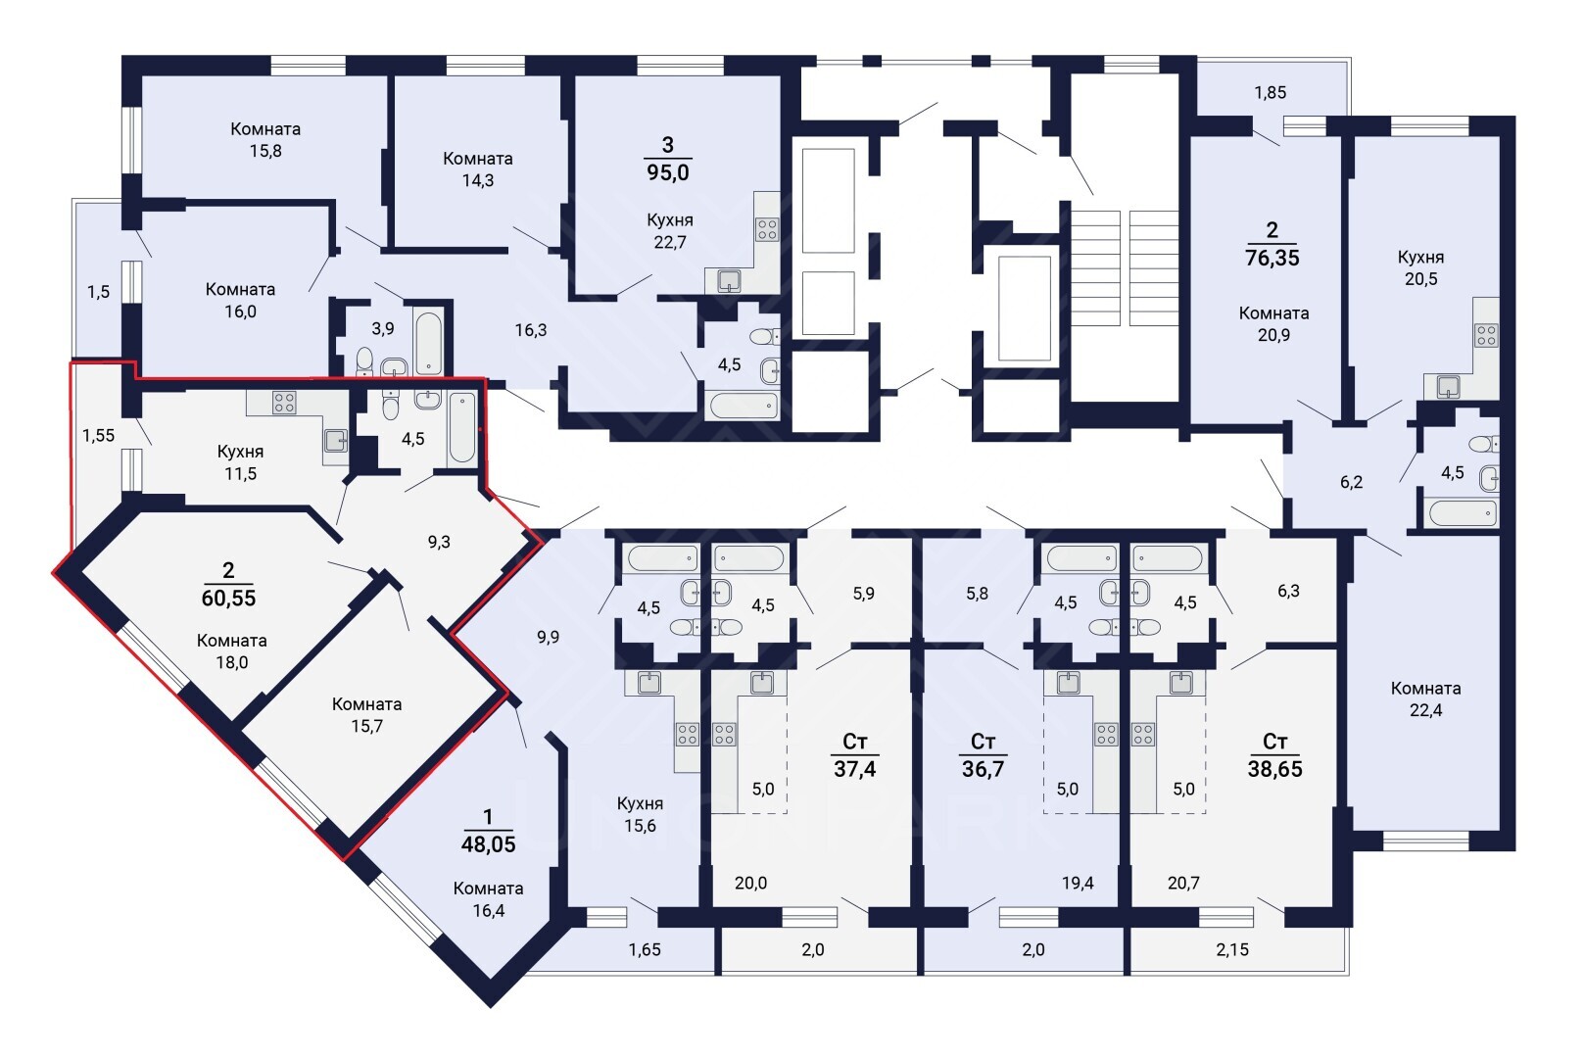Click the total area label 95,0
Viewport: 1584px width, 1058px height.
pyautogui.click(x=667, y=171)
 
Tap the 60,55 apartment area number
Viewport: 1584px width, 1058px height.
pyautogui.click(x=228, y=598)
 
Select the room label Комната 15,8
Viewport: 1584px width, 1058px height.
pyautogui.click(x=265, y=139)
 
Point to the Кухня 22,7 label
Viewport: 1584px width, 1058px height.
pyautogui.click(x=670, y=230)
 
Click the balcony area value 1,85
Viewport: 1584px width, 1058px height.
pyautogui.click(x=1270, y=93)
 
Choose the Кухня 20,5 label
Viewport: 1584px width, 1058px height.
pyautogui.click(x=1420, y=267)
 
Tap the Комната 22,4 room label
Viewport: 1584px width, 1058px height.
pyautogui.click(x=1425, y=698)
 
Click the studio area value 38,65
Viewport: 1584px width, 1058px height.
pyautogui.click(x=1274, y=769)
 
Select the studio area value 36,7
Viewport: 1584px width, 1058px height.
pyautogui.click(x=983, y=769)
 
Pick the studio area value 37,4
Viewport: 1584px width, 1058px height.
pyautogui.click(x=854, y=769)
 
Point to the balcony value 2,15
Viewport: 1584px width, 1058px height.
pyautogui.click(x=1232, y=950)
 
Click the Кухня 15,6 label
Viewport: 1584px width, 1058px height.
pyautogui.click(x=640, y=814)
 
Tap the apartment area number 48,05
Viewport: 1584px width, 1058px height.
pyautogui.click(x=488, y=843)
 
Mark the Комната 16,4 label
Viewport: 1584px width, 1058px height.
pyautogui.click(x=488, y=899)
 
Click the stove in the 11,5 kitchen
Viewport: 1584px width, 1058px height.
pyautogui.click(x=284, y=403)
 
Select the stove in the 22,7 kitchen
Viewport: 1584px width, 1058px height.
pyautogui.click(x=767, y=229)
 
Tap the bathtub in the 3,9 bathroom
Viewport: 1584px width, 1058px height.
pyautogui.click(x=429, y=343)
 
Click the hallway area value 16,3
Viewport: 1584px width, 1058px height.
pyautogui.click(x=530, y=330)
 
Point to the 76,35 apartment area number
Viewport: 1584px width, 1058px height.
pyautogui.click(x=1272, y=258)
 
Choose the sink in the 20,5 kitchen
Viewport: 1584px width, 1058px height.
pyautogui.click(x=1448, y=386)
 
